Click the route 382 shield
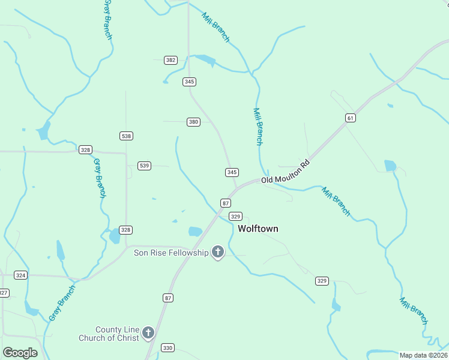pyautogui.click(x=171, y=60)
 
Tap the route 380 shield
pyautogui.click(x=193, y=122)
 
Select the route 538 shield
pyautogui.click(x=126, y=136)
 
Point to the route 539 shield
pyautogui.click(x=144, y=166)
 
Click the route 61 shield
pyautogui.click(x=351, y=118)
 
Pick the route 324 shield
pyautogui.click(x=21, y=275)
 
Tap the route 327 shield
pyautogui.click(x=4, y=293)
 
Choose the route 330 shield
pyautogui.click(x=167, y=348)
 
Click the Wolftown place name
pyautogui.click(x=258, y=229)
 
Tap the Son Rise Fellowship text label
pyautogui.click(x=170, y=253)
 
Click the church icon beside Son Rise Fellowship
pyautogui.click(x=218, y=253)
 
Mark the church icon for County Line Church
pyautogui.click(x=148, y=333)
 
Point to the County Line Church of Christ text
pyautogui.click(x=109, y=334)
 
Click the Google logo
pyautogui.click(x=20, y=353)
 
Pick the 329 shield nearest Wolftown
pyautogui.click(x=236, y=216)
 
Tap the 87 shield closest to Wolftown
pyautogui.click(x=226, y=203)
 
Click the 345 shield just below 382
pyautogui.click(x=190, y=82)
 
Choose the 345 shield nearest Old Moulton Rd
pyautogui.click(x=232, y=172)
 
